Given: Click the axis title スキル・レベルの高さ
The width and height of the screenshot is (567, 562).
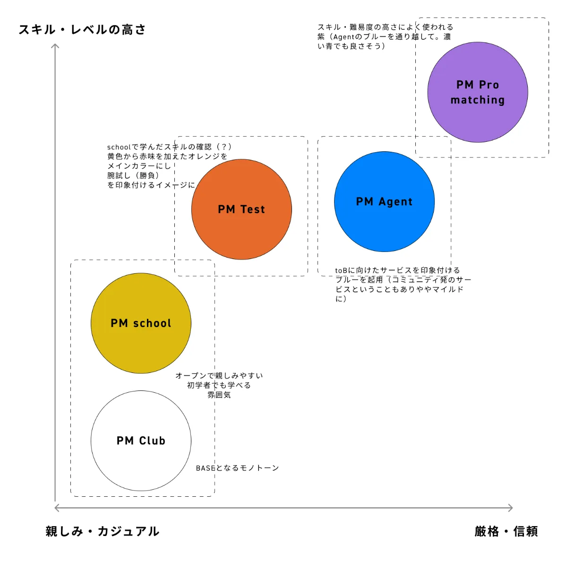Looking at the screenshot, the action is (82, 30).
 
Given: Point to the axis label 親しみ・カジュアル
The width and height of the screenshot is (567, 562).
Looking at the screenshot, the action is (103, 531).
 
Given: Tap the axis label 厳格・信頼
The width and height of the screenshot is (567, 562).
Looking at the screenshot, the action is (506, 531).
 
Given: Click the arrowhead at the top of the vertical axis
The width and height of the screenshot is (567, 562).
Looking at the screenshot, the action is (55, 46).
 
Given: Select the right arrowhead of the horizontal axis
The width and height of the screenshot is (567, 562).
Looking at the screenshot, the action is (510, 508).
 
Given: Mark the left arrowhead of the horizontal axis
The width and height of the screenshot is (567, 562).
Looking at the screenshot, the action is (57, 508).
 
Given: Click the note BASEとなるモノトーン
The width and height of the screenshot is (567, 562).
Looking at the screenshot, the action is (237, 468).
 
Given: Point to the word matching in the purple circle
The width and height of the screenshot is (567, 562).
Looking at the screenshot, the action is (477, 100).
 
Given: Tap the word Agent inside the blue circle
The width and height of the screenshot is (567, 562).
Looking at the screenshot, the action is (395, 202).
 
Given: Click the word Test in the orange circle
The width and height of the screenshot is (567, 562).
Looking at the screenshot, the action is (253, 209).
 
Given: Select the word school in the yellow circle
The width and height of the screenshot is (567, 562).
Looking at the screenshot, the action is (152, 323).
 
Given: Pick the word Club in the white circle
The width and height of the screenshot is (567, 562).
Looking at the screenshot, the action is (152, 441).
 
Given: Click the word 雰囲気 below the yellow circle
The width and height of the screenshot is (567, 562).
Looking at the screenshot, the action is (219, 395).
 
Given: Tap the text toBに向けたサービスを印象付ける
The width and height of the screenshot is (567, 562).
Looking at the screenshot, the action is (397, 270).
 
